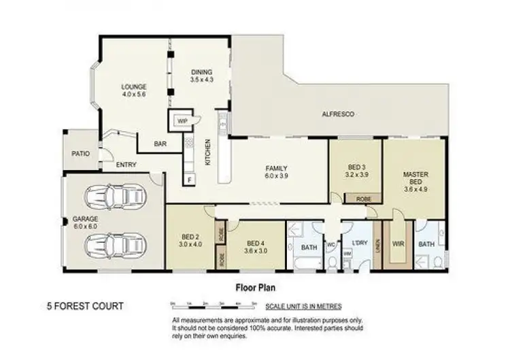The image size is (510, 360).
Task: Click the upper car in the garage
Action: click(x=115, y=198)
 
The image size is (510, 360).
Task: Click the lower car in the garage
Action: click(x=115, y=242)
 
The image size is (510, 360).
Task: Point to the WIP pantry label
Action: click(x=182, y=121)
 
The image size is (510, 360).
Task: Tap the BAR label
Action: click(x=160, y=144)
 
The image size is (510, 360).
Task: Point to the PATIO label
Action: click(x=81, y=154)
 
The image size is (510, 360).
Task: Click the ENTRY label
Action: click(x=126, y=165)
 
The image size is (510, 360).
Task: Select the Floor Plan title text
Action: click(x=255, y=287)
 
